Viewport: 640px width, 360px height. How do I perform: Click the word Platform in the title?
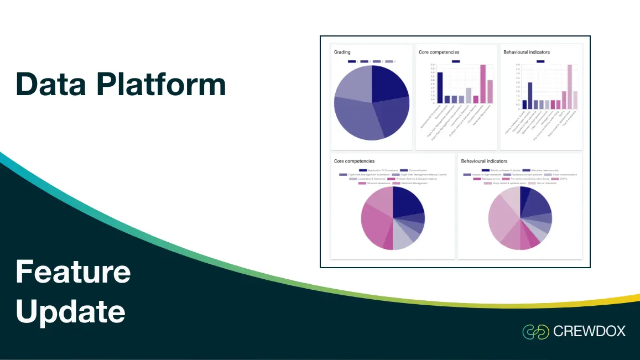click(161, 85)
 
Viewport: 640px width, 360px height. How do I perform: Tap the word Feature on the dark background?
click(73, 272)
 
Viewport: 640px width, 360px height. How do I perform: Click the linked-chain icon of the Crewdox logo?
click(535, 332)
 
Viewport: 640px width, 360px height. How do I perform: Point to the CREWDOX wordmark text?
click(589, 332)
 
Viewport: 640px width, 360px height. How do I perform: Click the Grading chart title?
click(342, 52)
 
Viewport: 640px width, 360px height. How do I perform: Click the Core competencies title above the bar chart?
click(439, 52)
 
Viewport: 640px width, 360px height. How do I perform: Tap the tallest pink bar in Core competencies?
click(482, 84)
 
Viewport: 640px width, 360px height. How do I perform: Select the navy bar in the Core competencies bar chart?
click(440, 87)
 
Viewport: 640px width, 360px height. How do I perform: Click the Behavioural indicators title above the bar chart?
click(527, 52)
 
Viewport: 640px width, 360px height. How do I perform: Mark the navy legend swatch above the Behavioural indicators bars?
click(540, 61)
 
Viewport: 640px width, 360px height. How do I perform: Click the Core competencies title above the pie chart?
click(354, 161)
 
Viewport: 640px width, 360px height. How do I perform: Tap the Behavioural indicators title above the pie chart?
click(485, 161)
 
